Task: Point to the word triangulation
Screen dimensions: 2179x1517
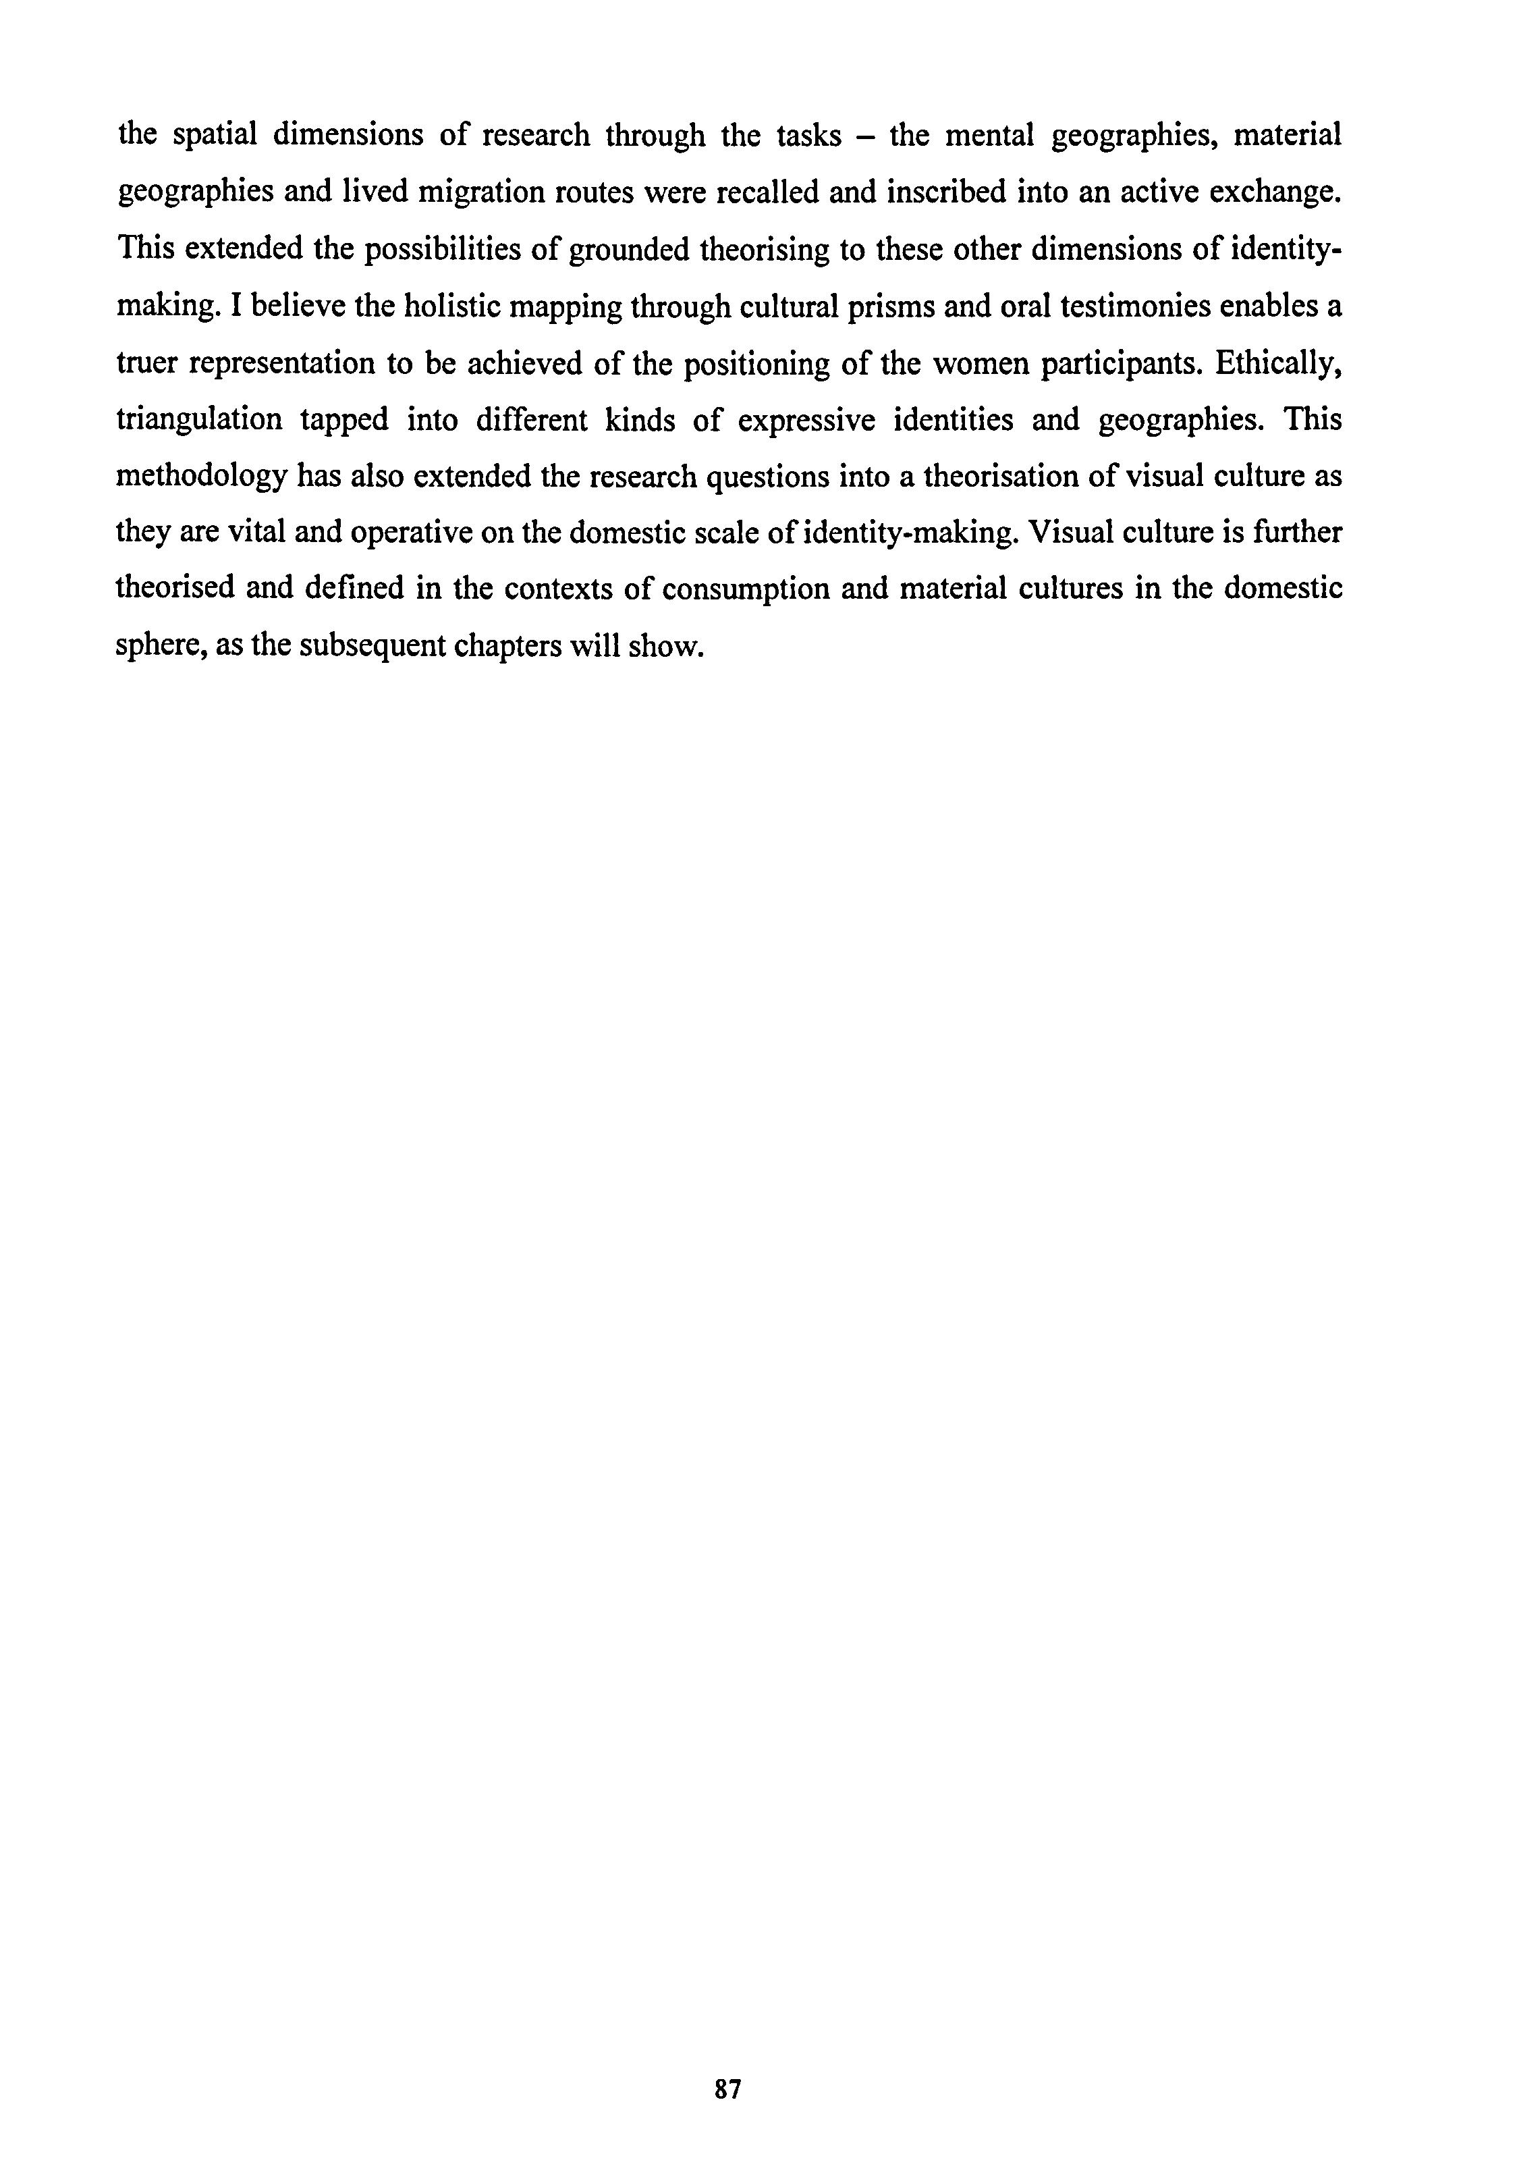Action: click(199, 421)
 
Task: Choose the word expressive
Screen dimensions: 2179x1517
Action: click(806, 421)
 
